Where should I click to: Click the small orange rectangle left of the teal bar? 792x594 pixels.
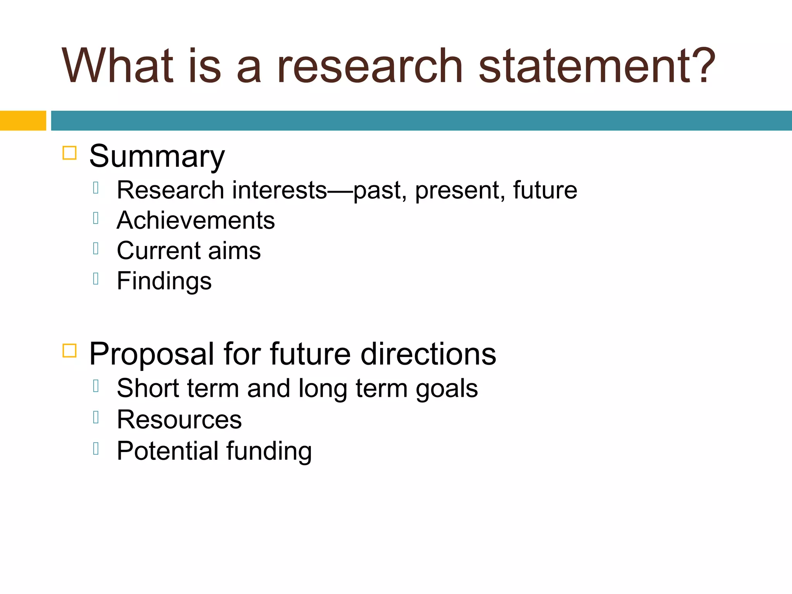pyautogui.click(x=23, y=121)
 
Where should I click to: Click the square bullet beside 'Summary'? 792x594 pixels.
pyautogui.click(x=70, y=153)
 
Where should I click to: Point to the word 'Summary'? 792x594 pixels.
pyautogui.click(x=157, y=157)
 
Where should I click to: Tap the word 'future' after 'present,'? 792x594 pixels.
pyautogui.click(x=545, y=190)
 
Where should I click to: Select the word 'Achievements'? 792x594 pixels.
pyautogui.click(x=196, y=220)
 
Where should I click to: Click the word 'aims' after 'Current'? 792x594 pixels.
pyautogui.click(x=234, y=251)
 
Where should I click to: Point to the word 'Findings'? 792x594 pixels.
pyautogui.click(x=164, y=281)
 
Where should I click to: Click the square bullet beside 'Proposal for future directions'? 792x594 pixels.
pyautogui.click(x=70, y=350)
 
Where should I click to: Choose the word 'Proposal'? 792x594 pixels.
pyautogui.click(x=151, y=354)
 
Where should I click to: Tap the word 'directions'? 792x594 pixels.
pyautogui.click(x=428, y=354)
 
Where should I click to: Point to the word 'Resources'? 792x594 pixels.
pyautogui.click(x=179, y=420)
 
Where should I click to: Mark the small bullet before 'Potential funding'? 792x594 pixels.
pyautogui.click(x=96, y=449)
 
